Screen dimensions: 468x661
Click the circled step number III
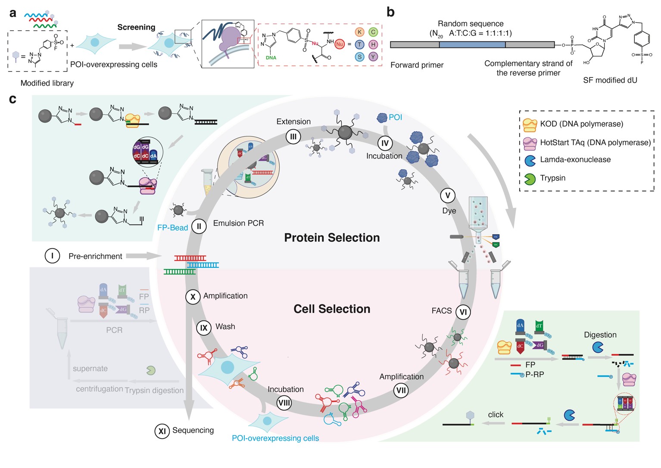[293, 137]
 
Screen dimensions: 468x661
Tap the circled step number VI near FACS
[463, 312]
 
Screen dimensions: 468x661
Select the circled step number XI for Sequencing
[162, 431]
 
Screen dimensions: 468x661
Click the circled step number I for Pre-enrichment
[52, 256]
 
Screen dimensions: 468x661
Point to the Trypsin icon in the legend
[530, 179]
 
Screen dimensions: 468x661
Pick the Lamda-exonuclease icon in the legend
[530, 161]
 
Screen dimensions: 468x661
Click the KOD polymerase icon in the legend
[530, 125]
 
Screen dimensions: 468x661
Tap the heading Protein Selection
[332, 238]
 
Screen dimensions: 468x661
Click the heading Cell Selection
[332, 309]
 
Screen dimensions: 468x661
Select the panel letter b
[390, 12]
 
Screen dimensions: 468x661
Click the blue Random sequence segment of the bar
[472, 44]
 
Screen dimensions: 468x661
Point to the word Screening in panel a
[136, 27]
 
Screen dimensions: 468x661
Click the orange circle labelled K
[359, 32]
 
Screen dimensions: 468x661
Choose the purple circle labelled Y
[373, 57]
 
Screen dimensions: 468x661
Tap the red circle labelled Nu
[340, 44]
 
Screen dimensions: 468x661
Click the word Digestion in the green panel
[600, 335]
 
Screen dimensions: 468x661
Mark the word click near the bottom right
[496, 415]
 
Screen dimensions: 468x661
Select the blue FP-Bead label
[172, 228]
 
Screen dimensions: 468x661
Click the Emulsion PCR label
[238, 223]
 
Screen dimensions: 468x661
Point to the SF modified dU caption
[610, 80]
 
